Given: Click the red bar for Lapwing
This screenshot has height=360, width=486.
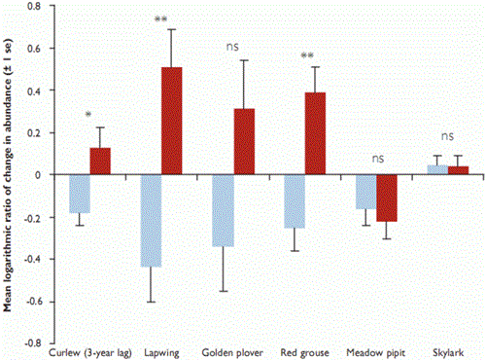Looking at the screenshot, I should [172, 121].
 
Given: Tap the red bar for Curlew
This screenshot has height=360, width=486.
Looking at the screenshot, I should [101, 161].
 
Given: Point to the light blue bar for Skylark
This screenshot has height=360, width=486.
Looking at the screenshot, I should [438, 169].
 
